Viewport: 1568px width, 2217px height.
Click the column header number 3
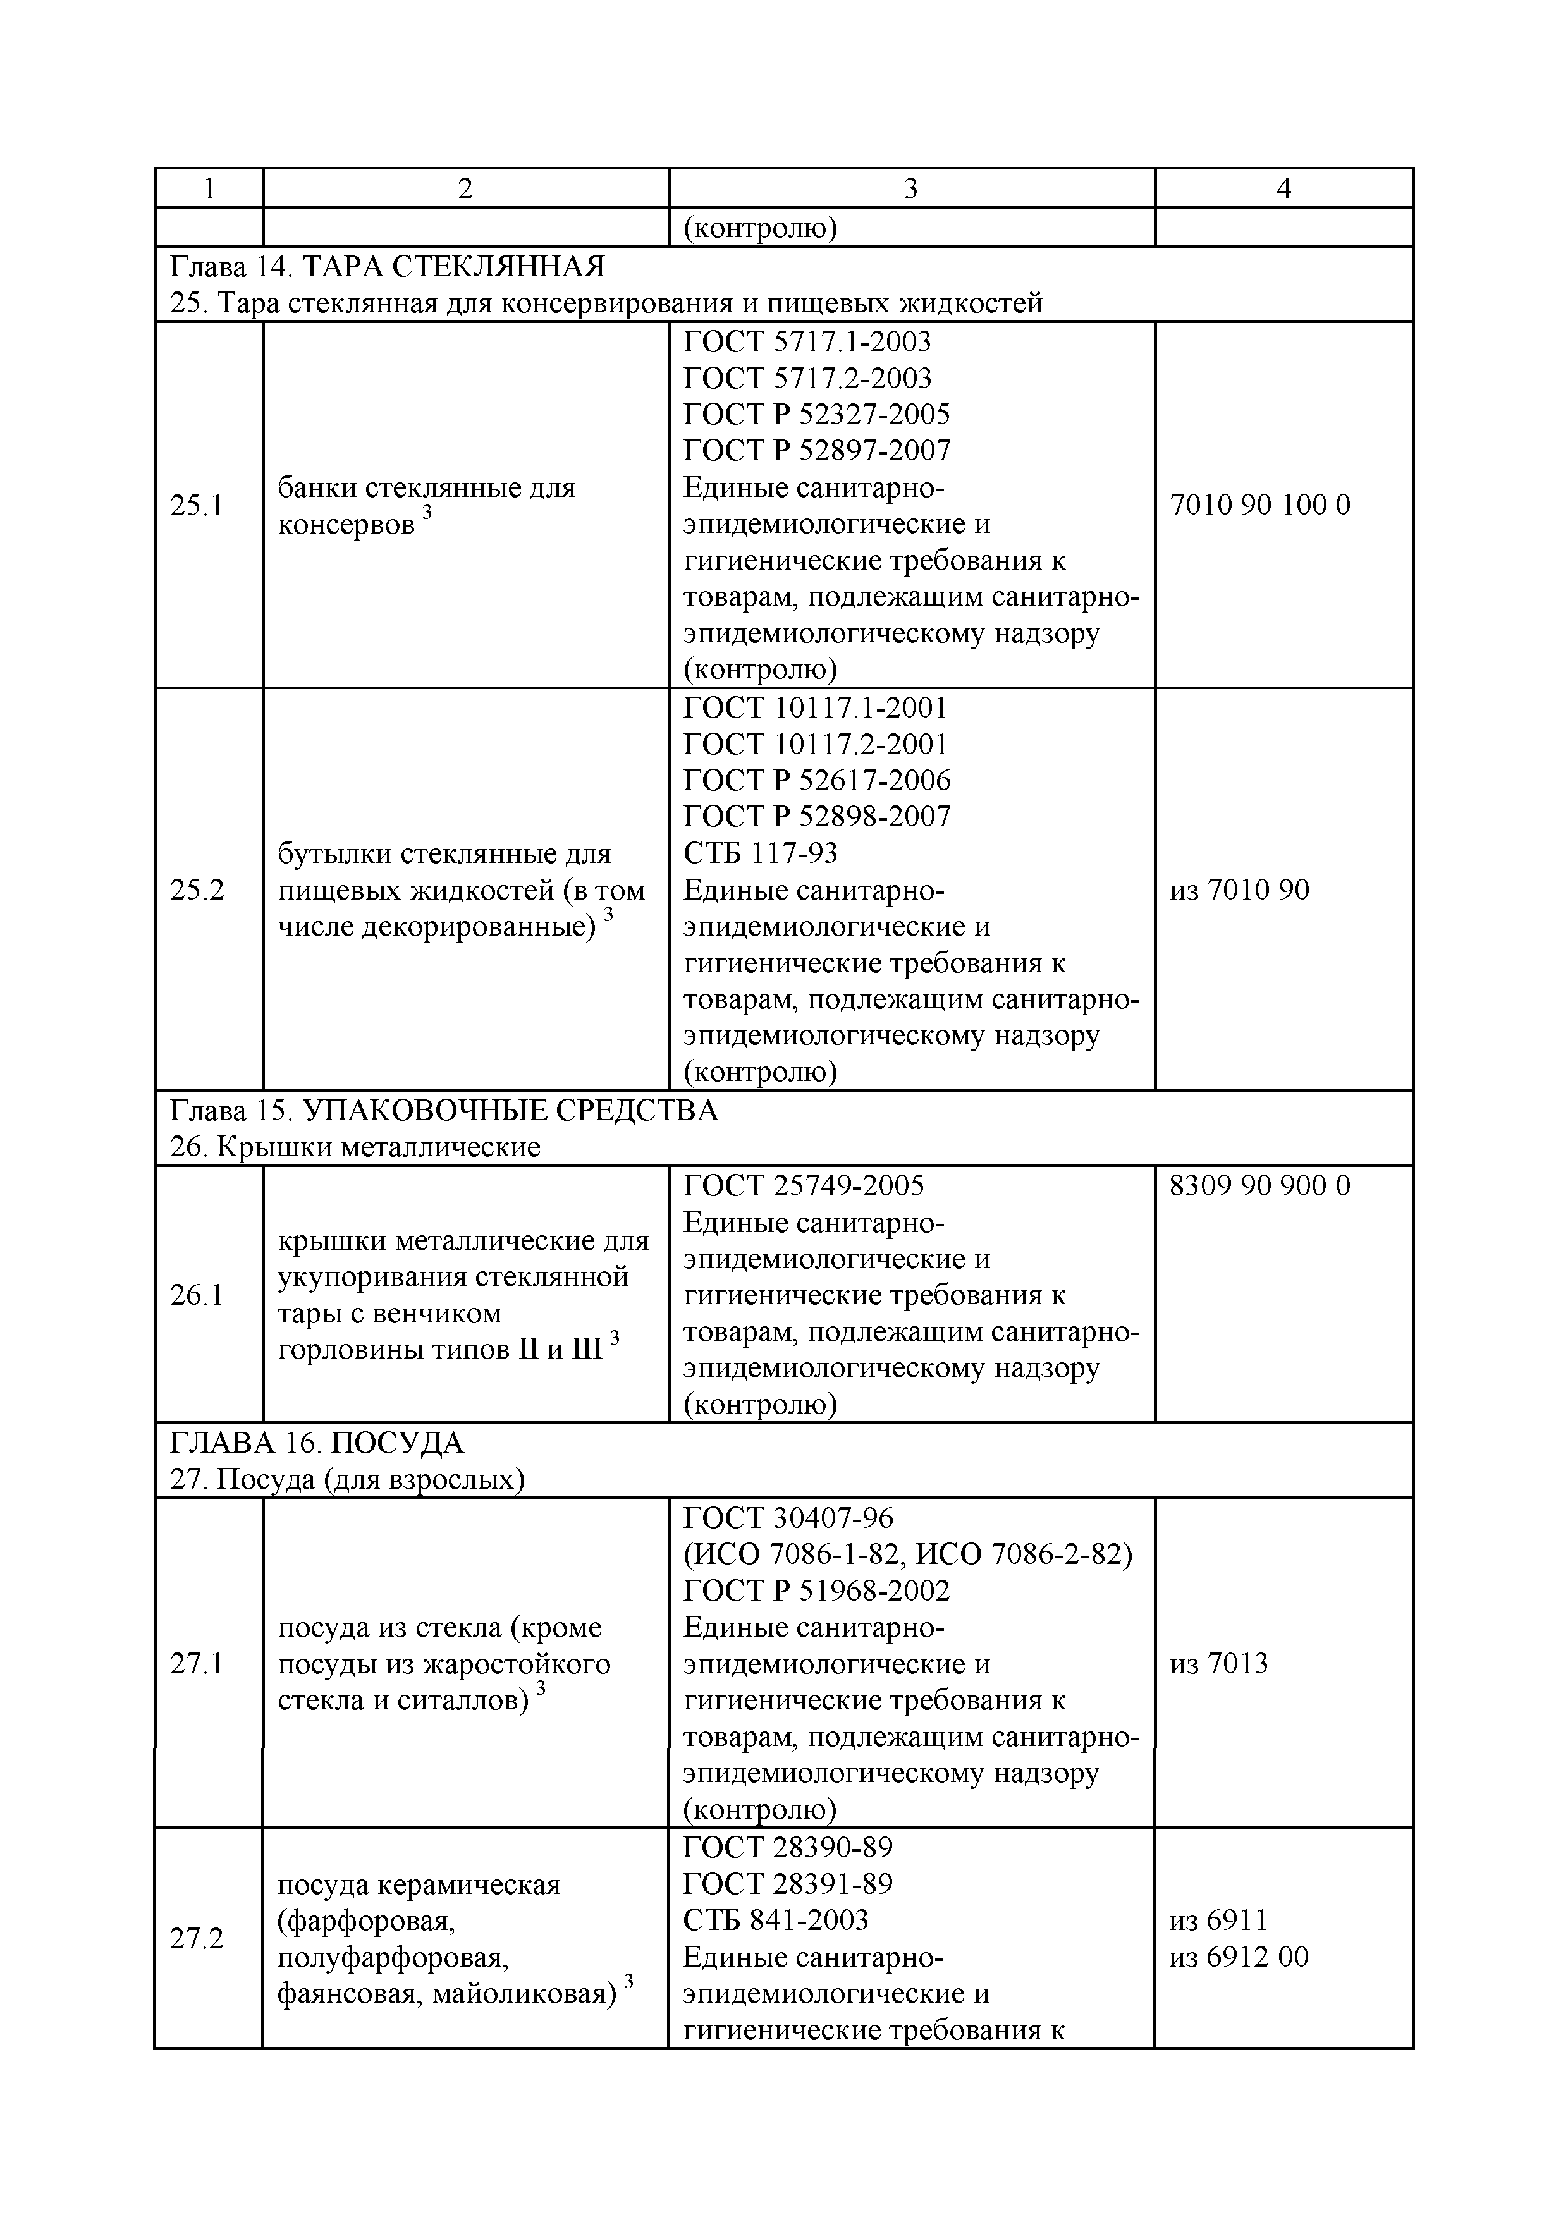point(910,188)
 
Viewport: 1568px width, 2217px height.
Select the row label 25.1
point(197,505)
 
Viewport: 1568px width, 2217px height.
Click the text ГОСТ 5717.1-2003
point(807,341)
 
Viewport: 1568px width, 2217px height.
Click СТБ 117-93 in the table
point(760,853)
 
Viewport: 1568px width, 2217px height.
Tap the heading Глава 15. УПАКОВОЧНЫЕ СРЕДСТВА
point(444,1111)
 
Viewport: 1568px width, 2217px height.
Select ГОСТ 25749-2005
point(804,1185)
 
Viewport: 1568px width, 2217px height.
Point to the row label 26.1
point(197,1295)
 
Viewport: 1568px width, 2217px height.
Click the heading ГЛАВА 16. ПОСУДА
point(317,1443)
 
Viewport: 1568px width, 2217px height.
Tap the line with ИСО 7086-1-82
point(907,1554)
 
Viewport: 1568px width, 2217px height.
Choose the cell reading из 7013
point(1218,1663)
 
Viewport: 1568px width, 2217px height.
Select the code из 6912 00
point(1239,1957)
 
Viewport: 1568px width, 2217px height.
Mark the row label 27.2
point(197,1938)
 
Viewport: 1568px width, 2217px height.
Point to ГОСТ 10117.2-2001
point(815,743)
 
